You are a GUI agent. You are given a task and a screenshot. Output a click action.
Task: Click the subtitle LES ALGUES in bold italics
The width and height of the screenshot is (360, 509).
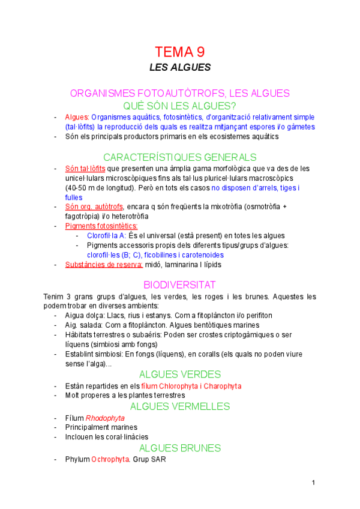click(x=180, y=67)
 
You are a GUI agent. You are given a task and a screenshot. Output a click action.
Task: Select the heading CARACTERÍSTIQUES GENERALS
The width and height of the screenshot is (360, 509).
click(x=180, y=157)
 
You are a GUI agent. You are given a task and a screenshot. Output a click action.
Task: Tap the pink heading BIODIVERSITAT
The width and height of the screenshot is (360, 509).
click(x=180, y=285)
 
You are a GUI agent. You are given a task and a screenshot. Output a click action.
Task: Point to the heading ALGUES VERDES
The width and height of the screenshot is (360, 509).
click(x=180, y=375)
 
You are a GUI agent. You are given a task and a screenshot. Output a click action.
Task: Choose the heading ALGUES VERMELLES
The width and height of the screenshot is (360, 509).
click(x=180, y=406)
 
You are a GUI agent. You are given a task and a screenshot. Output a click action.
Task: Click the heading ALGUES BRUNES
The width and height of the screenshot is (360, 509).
click(x=180, y=448)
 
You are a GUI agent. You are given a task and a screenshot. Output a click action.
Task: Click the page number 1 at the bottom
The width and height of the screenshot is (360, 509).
click(x=313, y=483)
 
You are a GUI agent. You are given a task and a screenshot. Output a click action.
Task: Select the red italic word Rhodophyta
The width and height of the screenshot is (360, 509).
click(x=105, y=418)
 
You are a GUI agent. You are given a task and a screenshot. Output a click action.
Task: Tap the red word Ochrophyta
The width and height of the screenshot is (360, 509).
click(x=110, y=459)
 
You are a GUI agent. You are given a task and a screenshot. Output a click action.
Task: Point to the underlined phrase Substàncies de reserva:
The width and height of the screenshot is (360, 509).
click(x=104, y=264)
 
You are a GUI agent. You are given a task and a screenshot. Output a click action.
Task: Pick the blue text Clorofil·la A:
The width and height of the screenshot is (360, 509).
click(x=106, y=235)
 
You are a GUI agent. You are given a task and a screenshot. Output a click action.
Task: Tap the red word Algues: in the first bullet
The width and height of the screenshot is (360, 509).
click(x=77, y=117)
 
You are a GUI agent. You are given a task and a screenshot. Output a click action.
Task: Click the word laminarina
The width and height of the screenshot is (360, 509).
click(x=184, y=264)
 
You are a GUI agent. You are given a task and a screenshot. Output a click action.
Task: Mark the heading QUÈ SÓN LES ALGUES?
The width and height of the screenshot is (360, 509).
click(x=180, y=105)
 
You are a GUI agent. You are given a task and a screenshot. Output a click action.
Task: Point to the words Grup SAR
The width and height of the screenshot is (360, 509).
click(x=149, y=459)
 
